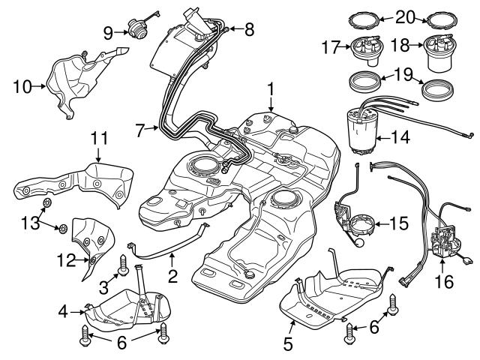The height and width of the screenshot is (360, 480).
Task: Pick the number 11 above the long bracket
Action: click(x=99, y=138)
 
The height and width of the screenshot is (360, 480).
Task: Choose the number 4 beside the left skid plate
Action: click(x=65, y=309)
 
